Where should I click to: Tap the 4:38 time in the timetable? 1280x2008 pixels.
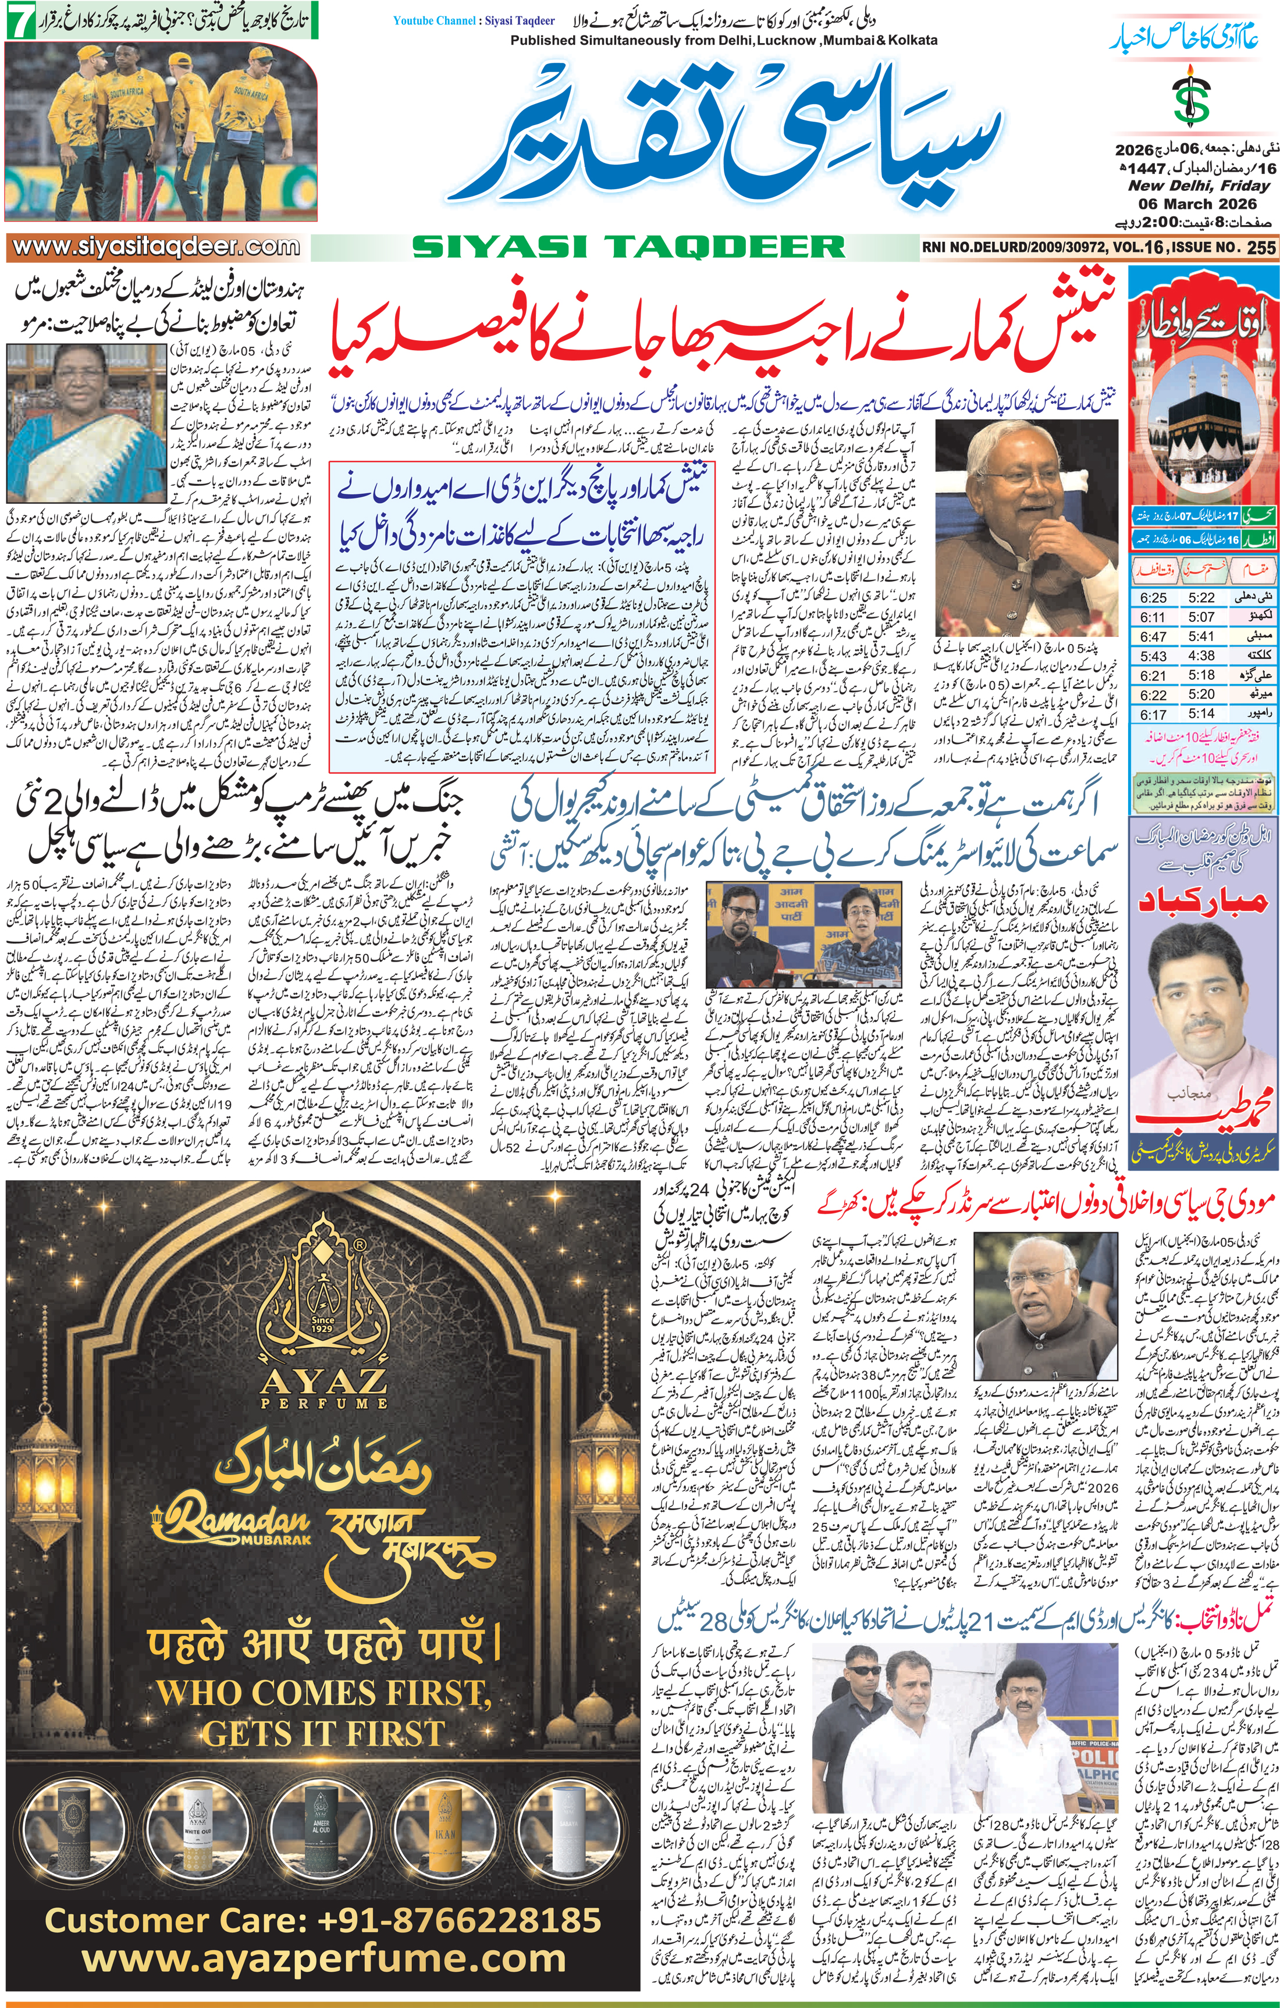[x=1201, y=656]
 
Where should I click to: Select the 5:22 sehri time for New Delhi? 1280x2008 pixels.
[x=1201, y=598]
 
